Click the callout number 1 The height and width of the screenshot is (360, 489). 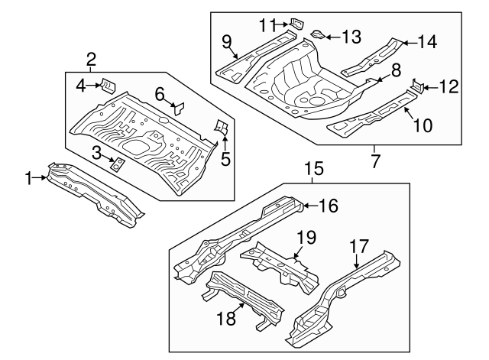pyautogui.click(x=28, y=178)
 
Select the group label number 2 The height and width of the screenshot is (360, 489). pyautogui.click(x=91, y=58)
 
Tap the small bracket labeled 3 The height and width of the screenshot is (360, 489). pyautogui.click(x=118, y=164)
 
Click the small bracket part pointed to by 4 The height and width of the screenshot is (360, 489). pyautogui.click(x=108, y=86)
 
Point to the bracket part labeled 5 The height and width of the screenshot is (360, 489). pyautogui.click(x=222, y=128)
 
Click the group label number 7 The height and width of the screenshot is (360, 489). pyautogui.click(x=374, y=163)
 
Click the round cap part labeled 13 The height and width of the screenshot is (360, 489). pyautogui.click(x=317, y=35)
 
